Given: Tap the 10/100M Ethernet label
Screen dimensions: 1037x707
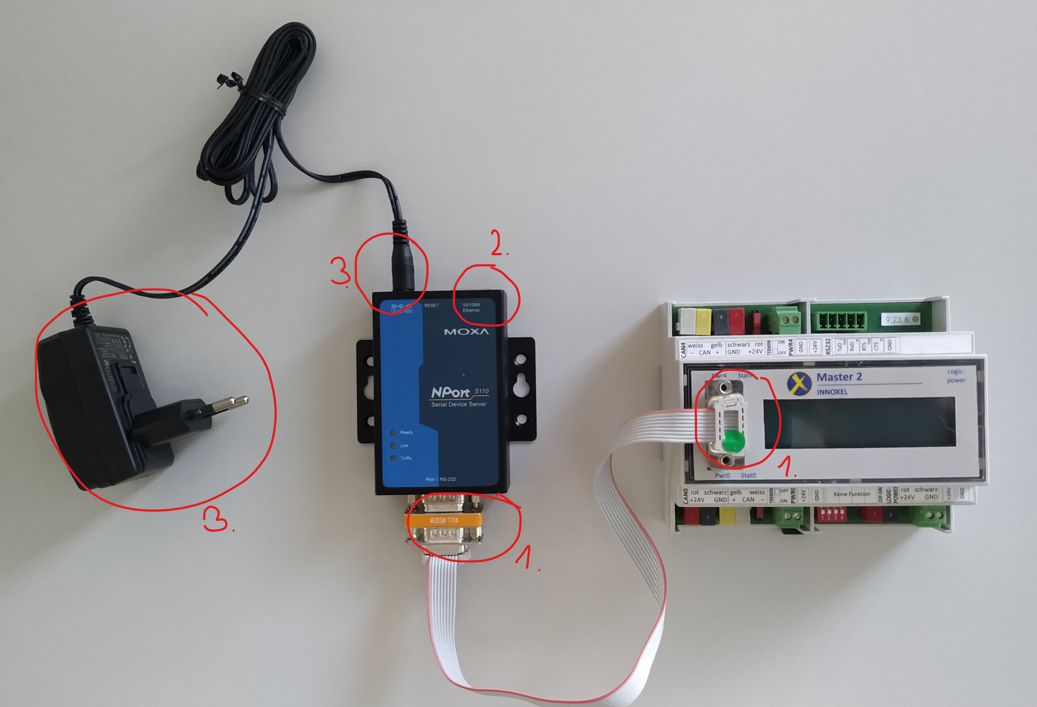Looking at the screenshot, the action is (x=471, y=307).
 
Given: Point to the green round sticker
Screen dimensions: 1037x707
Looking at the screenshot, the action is (x=733, y=441).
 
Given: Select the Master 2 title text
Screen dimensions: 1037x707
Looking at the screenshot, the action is (x=839, y=377).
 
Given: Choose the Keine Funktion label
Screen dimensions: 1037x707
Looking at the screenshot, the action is (x=852, y=494).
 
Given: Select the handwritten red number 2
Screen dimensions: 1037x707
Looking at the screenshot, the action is (x=498, y=243).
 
